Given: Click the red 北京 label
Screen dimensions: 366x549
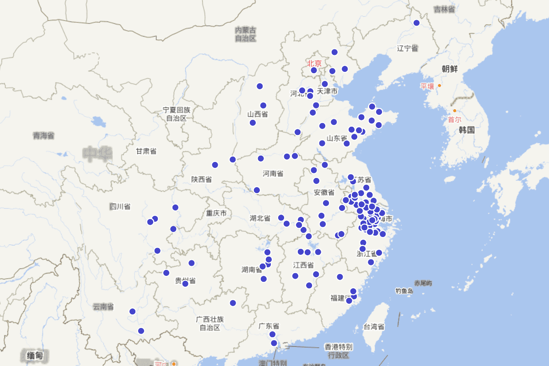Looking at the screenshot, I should pyautogui.click(x=314, y=64).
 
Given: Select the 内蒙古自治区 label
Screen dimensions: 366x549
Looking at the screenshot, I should pyautogui.click(x=246, y=34).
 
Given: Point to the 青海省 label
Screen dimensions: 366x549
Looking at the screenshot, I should pyautogui.click(x=43, y=135).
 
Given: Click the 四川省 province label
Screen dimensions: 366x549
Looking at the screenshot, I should pyautogui.click(x=120, y=206).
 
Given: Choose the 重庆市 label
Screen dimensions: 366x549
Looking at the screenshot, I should pyautogui.click(x=216, y=214).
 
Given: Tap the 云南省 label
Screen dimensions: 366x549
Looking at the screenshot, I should pyautogui.click(x=103, y=307).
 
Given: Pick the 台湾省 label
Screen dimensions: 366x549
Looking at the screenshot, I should pyautogui.click(x=374, y=327).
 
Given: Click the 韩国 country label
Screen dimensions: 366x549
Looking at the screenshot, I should pyautogui.click(x=467, y=130).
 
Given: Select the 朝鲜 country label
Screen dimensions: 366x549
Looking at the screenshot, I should pyautogui.click(x=450, y=69).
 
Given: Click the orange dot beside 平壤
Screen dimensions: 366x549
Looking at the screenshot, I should pyautogui.click(x=439, y=86).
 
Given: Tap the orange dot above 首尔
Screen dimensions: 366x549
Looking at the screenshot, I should pyautogui.click(x=454, y=111).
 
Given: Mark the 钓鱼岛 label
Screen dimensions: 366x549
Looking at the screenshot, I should pyautogui.click(x=404, y=291).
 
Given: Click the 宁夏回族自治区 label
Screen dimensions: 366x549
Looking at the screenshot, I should pyautogui.click(x=176, y=114).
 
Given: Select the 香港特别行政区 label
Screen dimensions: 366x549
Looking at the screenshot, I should pyautogui.click(x=338, y=350).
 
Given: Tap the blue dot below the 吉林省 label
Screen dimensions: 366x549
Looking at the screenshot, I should pyautogui.click(x=416, y=23).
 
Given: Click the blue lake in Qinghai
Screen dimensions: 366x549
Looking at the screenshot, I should pyautogui.click(x=98, y=122).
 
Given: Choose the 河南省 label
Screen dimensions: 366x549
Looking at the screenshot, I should pyautogui.click(x=273, y=173).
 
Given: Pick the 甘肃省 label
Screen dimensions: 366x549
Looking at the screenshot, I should pyautogui.click(x=146, y=151).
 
